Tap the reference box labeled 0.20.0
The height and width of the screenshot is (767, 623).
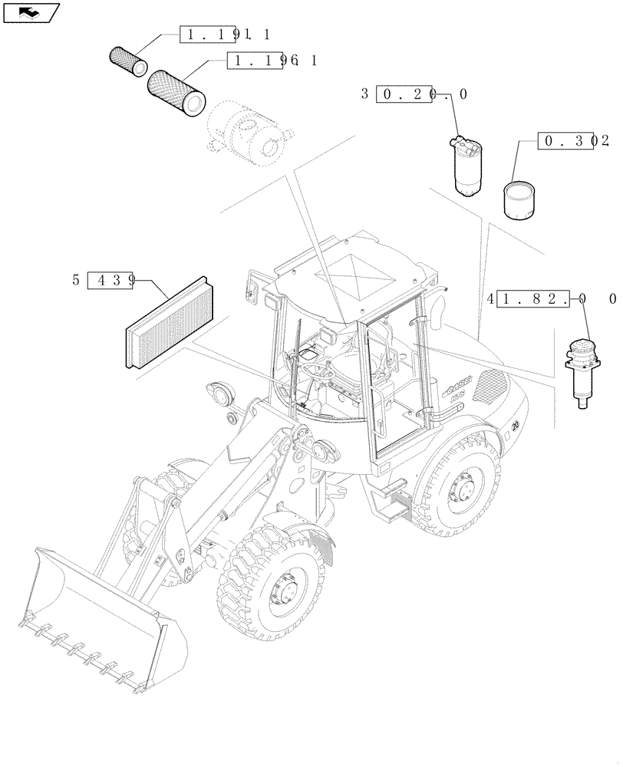pos(407,94)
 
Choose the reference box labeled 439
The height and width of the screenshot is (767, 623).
pos(111,281)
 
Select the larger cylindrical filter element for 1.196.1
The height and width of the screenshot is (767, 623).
pos(177,90)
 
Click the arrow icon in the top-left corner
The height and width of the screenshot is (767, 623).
pos(31,12)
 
